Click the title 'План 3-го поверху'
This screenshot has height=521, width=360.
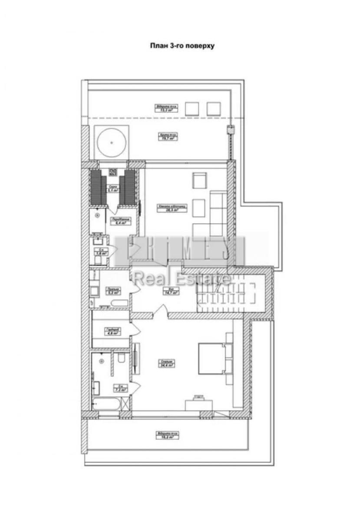pos(182,45)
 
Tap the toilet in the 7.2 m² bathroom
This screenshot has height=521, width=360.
pos(122,358)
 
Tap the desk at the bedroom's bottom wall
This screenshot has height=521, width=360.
pos(199,404)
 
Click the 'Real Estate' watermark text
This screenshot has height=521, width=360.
pos(182,277)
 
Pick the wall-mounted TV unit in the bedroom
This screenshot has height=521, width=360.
pos(136,358)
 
